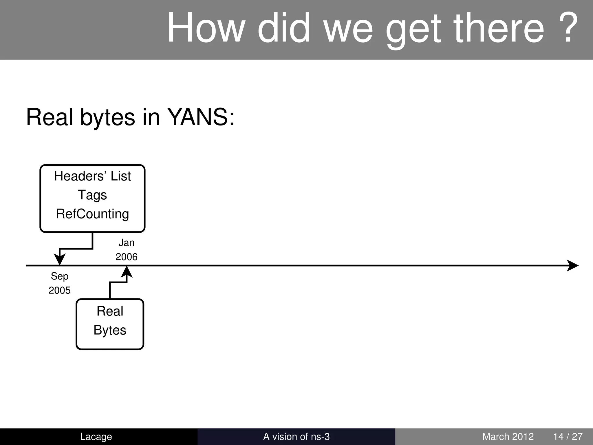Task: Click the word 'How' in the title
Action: coord(206,28)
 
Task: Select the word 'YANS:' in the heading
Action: coord(201,117)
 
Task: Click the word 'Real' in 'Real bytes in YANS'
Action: coord(50,117)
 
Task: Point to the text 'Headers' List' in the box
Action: coord(92,176)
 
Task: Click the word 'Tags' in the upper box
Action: coord(92,195)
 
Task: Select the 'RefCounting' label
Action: coord(92,214)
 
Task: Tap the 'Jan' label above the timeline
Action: coord(127,243)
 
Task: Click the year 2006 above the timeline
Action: coord(127,257)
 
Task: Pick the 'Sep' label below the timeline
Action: coord(60,276)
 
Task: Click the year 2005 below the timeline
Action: coord(60,290)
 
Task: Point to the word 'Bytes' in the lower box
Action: coord(110,330)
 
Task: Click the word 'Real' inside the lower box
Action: coord(110,311)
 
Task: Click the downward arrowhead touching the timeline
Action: coord(60,259)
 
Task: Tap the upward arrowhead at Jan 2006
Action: coord(127,272)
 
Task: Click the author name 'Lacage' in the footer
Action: coord(96,437)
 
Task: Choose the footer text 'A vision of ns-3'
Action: coord(296,437)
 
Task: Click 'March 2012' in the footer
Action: coord(508,437)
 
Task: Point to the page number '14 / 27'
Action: coord(568,437)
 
